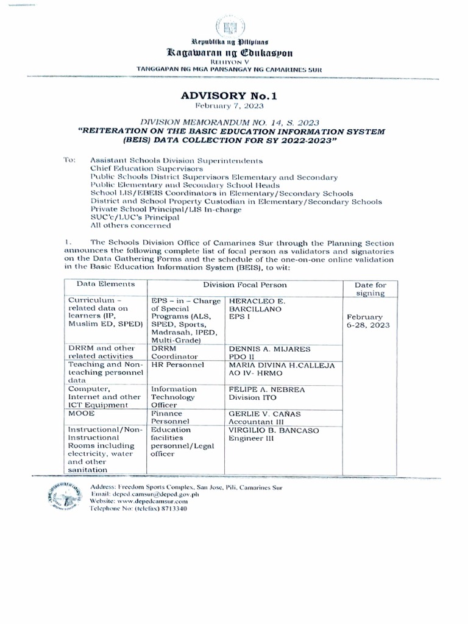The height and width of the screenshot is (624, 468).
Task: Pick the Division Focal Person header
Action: [244, 285]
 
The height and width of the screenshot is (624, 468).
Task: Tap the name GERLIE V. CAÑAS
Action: [264, 413]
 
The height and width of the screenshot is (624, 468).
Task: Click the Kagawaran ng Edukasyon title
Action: [235, 53]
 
